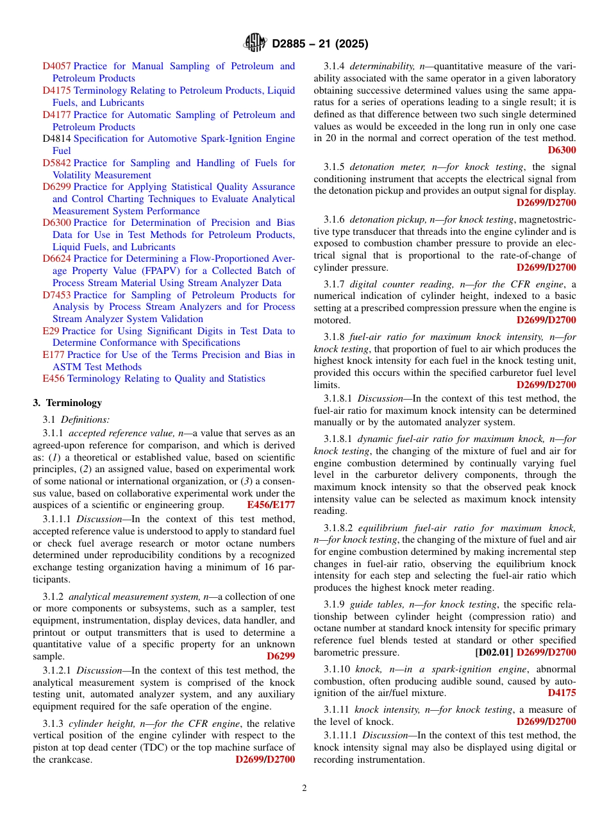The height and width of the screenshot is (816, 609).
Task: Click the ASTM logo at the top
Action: pos(255,44)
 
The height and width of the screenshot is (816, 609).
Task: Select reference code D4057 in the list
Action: pos(56,66)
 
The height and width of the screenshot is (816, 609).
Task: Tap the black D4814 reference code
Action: pos(56,139)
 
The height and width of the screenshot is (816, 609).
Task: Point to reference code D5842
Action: pos(56,163)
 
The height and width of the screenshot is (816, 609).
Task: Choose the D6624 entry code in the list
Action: pos(56,259)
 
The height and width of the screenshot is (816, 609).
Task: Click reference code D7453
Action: pos(56,295)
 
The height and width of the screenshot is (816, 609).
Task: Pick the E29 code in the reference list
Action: pos(51,331)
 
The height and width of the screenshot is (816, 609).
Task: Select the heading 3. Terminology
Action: pos(67,403)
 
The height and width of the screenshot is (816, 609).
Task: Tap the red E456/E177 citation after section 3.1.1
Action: pos(271,505)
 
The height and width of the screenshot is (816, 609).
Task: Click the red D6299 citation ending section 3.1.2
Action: pos(281,656)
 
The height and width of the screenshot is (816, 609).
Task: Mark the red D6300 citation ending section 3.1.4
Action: pos(562,150)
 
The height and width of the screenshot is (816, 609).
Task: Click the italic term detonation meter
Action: pos(382,167)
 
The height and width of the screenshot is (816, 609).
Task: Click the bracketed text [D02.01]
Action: pos(494,652)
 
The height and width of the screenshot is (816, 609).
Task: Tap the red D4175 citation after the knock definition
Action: pos(562,693)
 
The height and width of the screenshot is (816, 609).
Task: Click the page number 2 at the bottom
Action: pos(304,788)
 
